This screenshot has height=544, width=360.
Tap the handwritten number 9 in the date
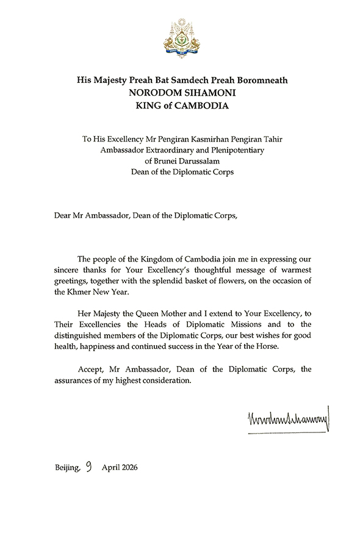[x=89, y=467]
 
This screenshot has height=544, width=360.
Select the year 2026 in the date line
[x=128, y=468]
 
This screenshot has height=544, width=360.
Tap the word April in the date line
[x=106, y=468]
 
